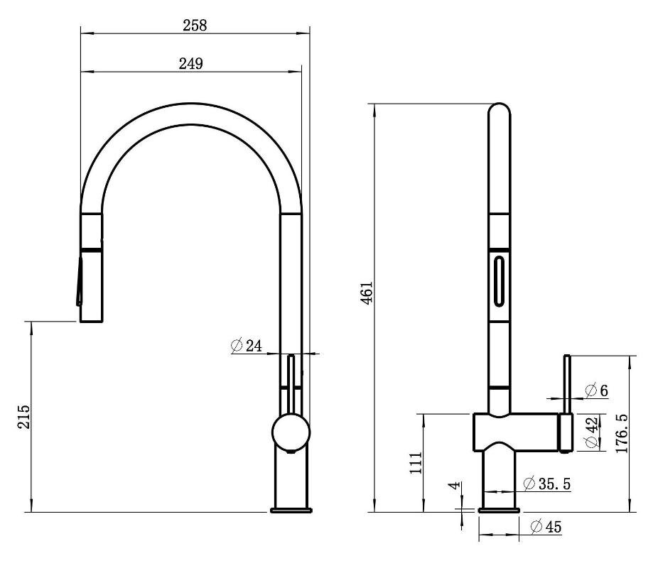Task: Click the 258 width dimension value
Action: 195,26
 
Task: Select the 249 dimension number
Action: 191,64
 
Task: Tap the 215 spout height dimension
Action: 23,416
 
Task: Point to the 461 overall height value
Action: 367,293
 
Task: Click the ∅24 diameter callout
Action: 246,345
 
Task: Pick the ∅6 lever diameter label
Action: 596,390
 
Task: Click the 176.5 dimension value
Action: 621,433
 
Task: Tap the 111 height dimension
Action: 416,462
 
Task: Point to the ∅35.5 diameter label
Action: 547,484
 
